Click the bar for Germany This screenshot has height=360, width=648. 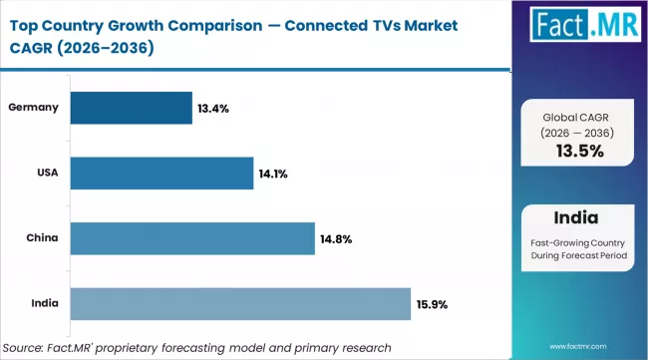(x=132, y=108)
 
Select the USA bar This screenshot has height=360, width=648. (x=162, y=174)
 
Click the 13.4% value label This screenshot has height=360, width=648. (x=213, y=108)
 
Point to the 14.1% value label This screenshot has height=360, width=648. (x=273, y=174)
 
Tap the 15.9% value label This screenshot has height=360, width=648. (x=432, y=304)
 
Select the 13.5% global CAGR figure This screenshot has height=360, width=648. (x=579, y=152)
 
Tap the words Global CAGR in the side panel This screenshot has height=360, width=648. (x=579, y=117)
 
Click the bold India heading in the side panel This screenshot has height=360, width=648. (x=579, y=217)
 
